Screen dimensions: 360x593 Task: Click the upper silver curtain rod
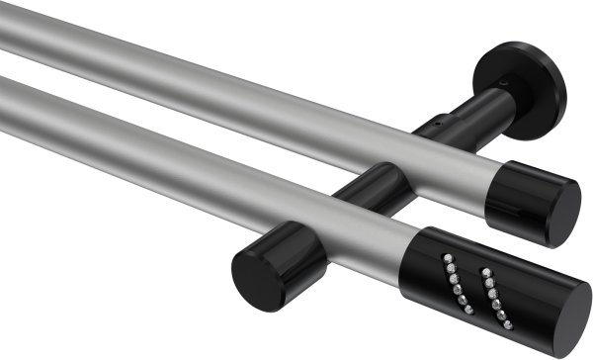coord(247,109)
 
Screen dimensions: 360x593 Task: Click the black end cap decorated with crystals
coord(494,287)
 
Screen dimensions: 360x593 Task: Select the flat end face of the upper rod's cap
coord(564,213)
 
